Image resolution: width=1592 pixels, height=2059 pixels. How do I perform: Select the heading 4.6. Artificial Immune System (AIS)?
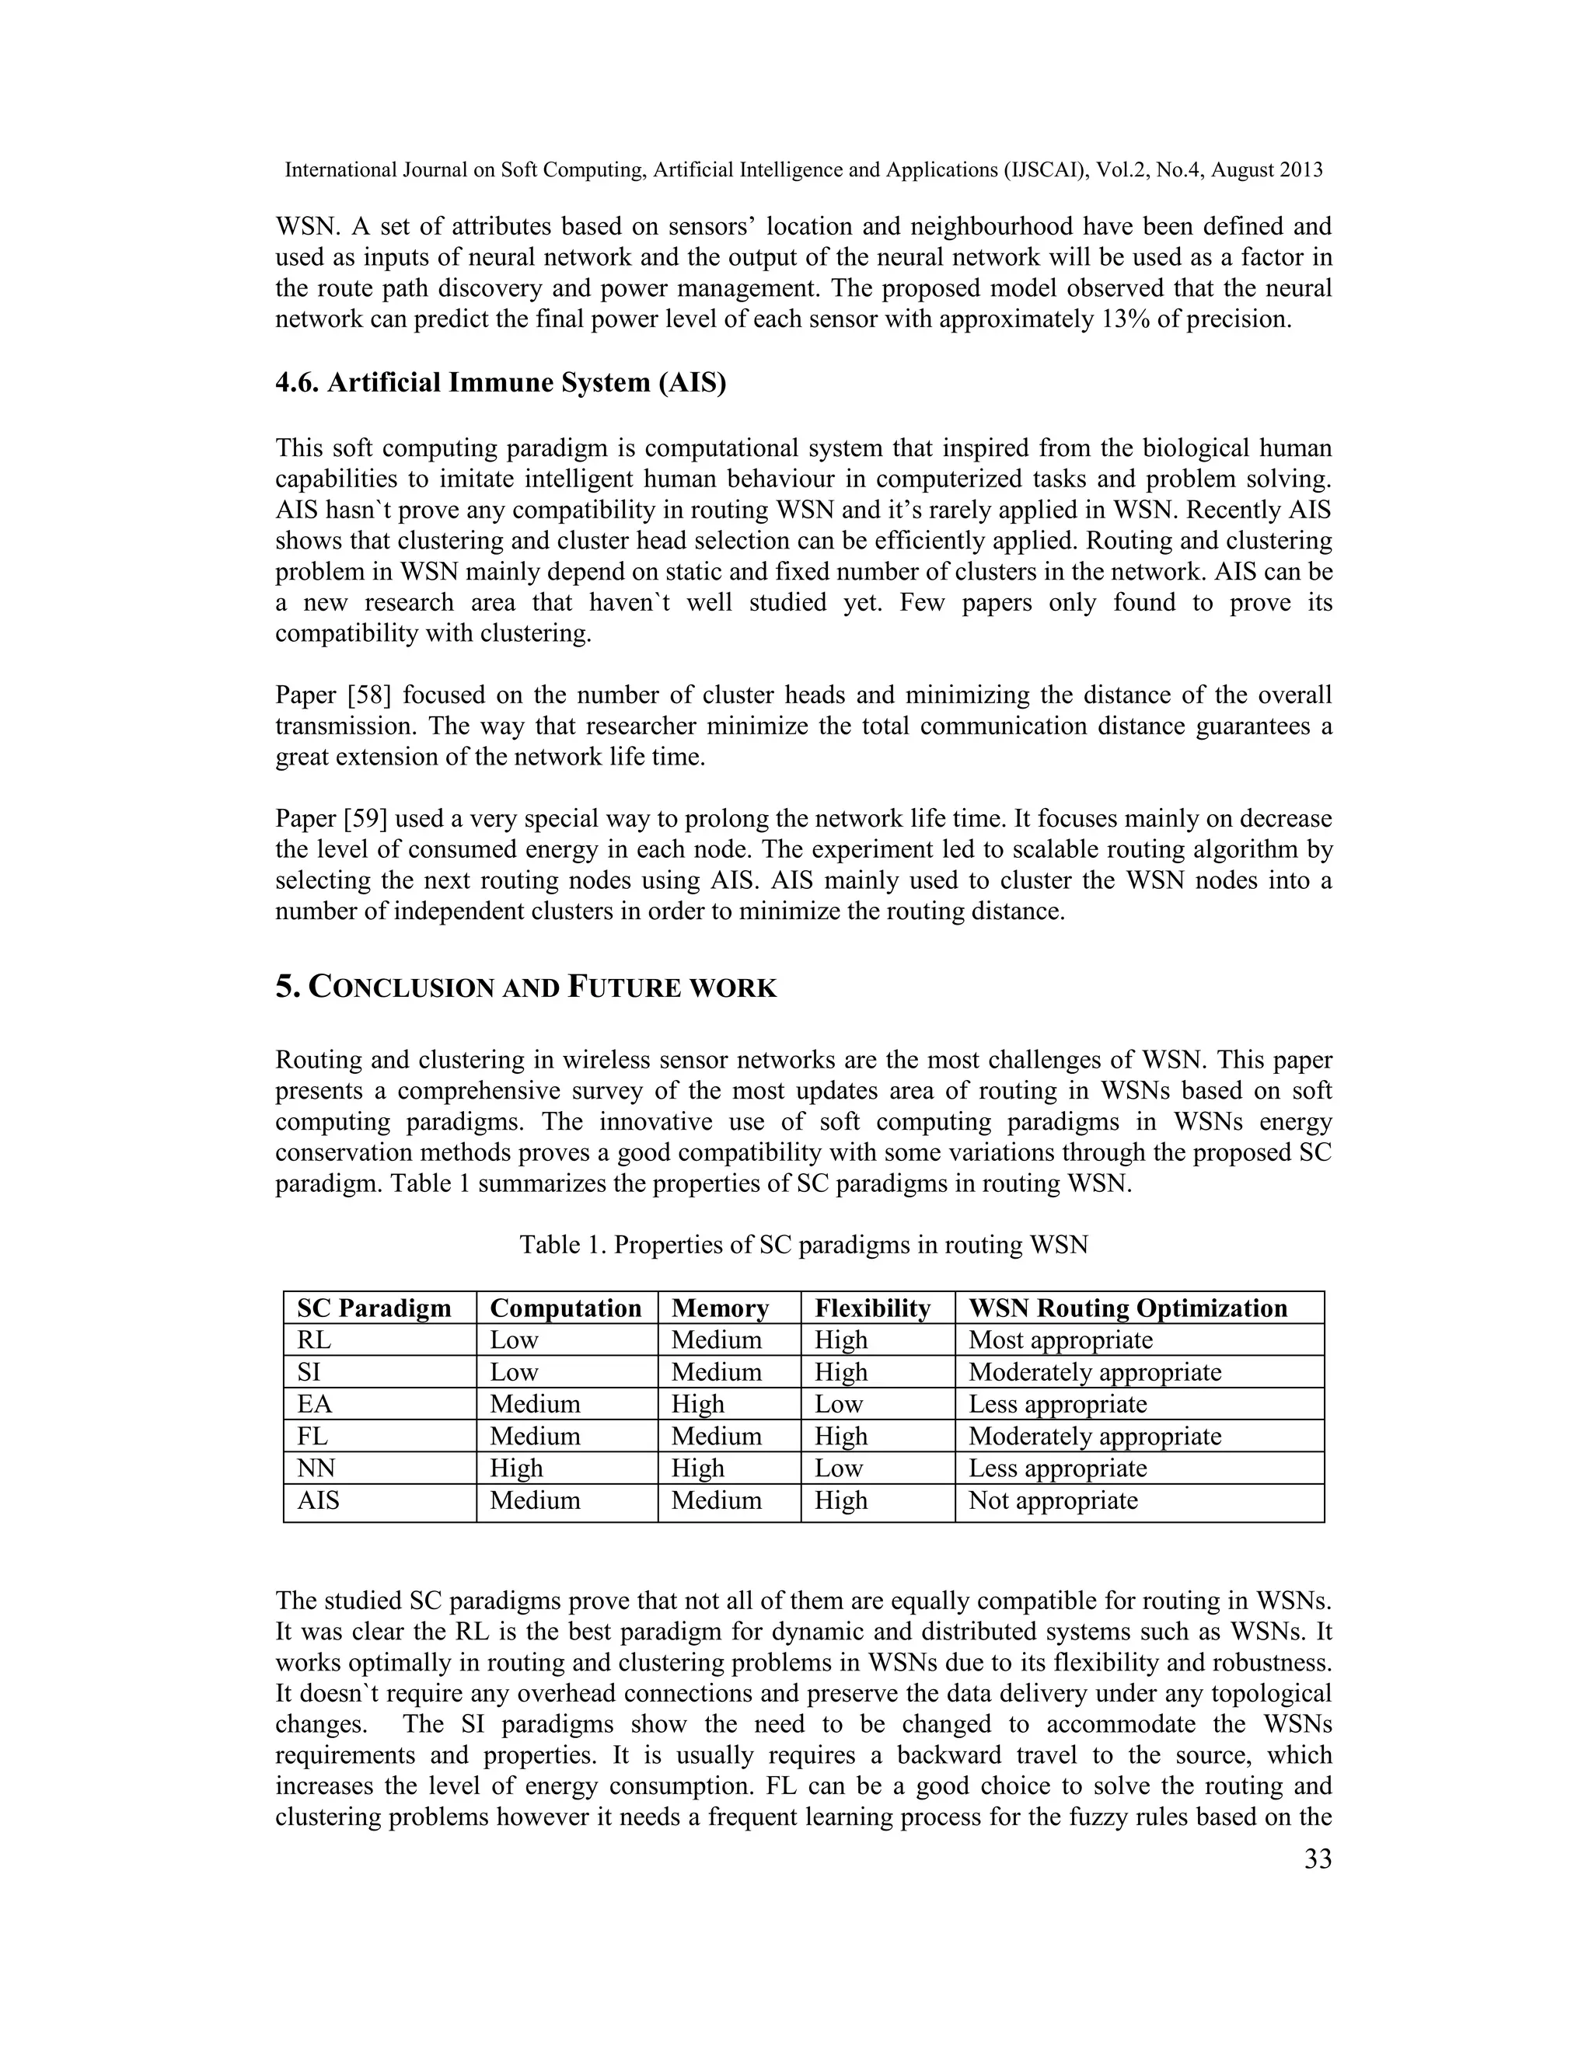pyautogui.click(x=501, y=383)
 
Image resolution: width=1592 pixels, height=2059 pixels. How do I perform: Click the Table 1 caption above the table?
pyautogui.click(x=804, y=1245)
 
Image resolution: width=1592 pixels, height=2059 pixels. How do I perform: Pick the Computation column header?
pyautogui.click(x=565, y=1308)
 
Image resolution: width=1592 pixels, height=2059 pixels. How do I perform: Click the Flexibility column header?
pyautogui.click(x=872, y=1308)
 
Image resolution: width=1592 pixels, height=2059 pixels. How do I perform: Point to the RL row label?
pyautogui.click(x=314, y=1340)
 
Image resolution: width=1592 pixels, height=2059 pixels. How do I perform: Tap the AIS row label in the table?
pyautogui.click(x=318, y=1500)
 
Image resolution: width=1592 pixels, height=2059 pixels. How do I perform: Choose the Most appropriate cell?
pyautogui.click(x=1060, y=1340)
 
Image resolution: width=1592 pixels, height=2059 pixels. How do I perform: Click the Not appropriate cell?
pyautogui.click(x=1053, y=1500)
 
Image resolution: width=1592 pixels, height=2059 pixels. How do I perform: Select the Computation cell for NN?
pyautogui.click(x=516, y=1468)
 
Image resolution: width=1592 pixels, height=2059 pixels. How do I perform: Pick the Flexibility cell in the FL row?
pyautogui.click(x=840, y=1436)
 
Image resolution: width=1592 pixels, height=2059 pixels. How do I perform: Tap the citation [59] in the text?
pyautogui.click(x=365, y=818)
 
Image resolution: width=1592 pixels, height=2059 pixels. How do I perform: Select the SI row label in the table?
pyautogui.click(x=309, y=1371)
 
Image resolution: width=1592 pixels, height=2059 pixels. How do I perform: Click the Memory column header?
pyautogui.click(x=720, y=1308)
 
